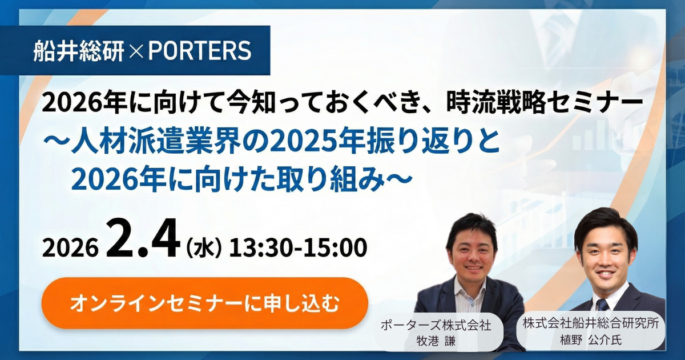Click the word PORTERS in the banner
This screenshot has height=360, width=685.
(200, 50)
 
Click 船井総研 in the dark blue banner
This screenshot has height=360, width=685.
(79, 51)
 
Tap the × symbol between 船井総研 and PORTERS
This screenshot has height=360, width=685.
(136, 51)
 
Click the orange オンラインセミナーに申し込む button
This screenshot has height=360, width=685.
(204, 303)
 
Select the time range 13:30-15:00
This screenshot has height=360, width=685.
(298, 247)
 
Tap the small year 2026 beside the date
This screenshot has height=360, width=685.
(71, 247)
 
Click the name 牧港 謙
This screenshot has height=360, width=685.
(436, 341)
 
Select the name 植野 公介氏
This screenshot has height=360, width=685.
(591, 340)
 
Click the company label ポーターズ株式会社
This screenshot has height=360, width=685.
(436, 325)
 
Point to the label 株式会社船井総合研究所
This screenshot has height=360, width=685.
(591, 323)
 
